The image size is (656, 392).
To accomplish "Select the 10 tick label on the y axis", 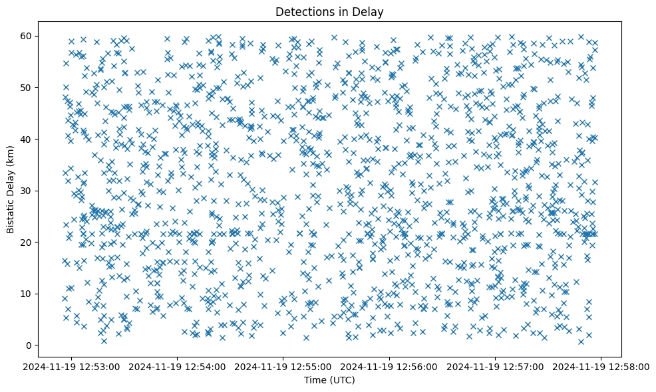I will pos(45,294).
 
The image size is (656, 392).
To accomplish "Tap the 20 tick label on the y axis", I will pos(45,243).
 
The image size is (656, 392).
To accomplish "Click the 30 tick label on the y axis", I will pos(45,191).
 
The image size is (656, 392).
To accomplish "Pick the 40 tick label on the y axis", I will pos(45,139).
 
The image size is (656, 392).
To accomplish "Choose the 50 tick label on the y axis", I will pos(45,88).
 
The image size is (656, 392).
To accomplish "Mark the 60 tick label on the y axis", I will pos(45,36).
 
